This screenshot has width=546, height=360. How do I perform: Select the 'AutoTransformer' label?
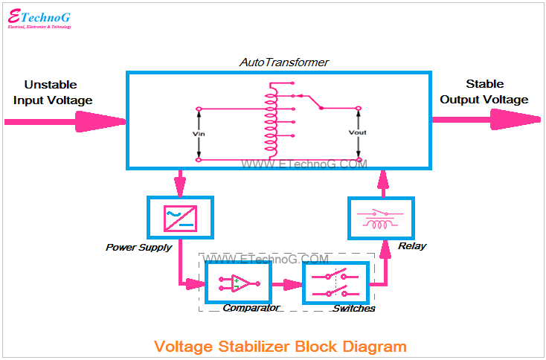(283, 62)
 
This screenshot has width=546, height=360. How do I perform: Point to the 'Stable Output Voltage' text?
(484, 92)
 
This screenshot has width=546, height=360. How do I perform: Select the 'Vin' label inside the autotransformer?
(198, 134)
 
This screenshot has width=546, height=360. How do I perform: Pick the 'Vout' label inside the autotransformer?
(358, 133)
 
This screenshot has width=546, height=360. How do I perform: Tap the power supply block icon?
(180, 218)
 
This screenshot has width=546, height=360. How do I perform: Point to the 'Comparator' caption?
(251, 308)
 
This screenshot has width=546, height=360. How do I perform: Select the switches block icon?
(336, 283)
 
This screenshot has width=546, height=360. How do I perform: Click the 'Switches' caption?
(354, 308)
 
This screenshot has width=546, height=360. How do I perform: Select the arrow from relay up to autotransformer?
(384, 182)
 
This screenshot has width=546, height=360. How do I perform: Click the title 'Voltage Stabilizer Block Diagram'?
(280, 346)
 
